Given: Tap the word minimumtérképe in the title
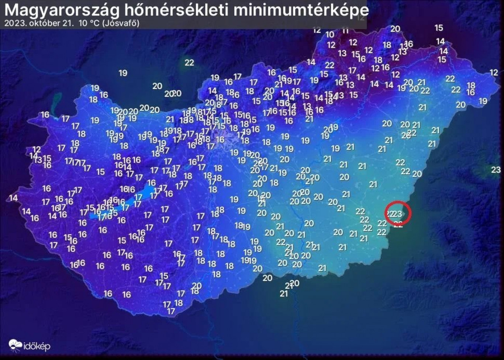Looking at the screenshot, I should pos(301,10).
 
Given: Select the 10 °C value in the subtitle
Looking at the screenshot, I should pos(89,23).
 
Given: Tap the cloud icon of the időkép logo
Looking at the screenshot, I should pos(15,345).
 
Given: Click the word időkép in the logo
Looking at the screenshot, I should pos(37,346).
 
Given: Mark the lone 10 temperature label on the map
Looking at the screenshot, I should pos(329,35).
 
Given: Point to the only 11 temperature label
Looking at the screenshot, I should pos(345,31).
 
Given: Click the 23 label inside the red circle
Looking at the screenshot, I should pos(398,214).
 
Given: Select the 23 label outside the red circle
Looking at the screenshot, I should pos(496,169).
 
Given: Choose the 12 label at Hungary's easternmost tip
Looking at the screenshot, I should pos(494,73).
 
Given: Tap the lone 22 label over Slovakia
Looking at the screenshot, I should pos(189,62).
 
